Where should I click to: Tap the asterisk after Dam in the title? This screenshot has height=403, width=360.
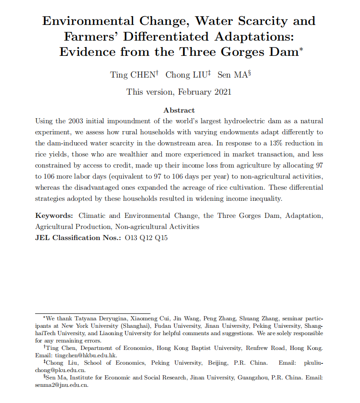[x=301, y=48]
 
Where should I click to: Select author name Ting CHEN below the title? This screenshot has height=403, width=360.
[x=134, y=75]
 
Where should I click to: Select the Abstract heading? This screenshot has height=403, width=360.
[x=179, y=110]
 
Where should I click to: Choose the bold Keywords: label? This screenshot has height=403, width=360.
[x=54, y=216]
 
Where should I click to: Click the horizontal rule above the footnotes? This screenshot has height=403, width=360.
[x=93, y=314]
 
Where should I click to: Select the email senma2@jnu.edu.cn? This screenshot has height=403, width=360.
[x=61, y=385]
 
